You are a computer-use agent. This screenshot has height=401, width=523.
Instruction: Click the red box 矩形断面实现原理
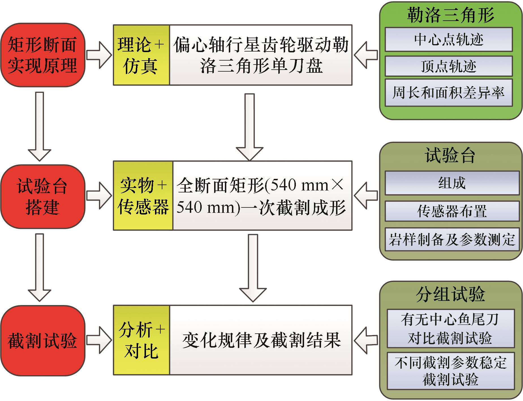point(42,55)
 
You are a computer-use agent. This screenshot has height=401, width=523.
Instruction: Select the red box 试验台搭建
point(42,196)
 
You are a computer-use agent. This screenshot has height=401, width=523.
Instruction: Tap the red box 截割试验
point(42,340)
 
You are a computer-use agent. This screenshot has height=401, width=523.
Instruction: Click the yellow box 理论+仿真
point(141,55)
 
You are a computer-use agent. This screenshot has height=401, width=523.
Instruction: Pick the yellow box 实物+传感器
point(143,195)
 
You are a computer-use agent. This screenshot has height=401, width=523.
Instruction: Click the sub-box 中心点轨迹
point(449,39)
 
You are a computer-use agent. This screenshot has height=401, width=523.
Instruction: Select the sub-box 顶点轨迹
point(449,66)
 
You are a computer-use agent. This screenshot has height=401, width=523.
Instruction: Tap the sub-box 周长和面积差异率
point(449,93)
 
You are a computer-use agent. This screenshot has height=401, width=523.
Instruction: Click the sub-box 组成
point(452,183)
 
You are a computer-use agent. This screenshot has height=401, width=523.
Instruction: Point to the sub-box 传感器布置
point(452,211)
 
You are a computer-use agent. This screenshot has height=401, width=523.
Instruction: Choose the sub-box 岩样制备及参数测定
point(452,239)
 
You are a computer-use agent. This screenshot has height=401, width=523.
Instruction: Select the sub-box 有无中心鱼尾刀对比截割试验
point(450,329)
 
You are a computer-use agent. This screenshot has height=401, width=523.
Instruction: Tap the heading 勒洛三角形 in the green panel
point(450,15)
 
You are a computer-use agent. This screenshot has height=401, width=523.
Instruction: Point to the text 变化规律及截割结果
point(261,340)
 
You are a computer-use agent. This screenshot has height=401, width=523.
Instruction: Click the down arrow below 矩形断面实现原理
point(40,126)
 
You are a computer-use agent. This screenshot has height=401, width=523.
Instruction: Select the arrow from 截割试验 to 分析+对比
point(99,340)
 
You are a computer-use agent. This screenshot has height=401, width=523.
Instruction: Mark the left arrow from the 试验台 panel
point(366,195)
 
